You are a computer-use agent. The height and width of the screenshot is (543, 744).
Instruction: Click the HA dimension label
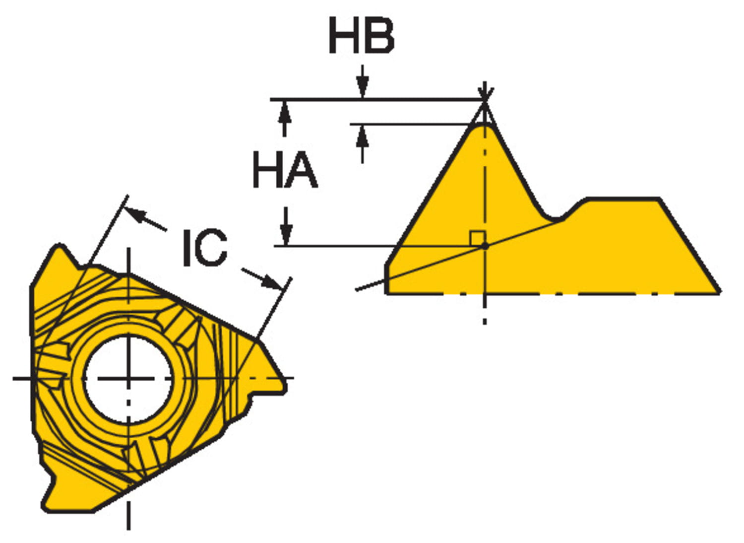[285, 170]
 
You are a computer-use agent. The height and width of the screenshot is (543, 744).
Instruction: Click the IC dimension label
[205, 248]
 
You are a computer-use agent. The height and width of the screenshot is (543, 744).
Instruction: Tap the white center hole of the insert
[128, 379]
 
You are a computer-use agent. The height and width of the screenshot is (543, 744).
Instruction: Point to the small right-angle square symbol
[477, 238]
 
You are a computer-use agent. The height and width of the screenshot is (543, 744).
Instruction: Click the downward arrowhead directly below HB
[363, 89]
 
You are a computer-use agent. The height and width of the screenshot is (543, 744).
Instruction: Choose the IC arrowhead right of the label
[272, 282]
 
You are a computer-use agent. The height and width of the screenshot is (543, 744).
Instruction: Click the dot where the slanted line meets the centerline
[485, 246]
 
